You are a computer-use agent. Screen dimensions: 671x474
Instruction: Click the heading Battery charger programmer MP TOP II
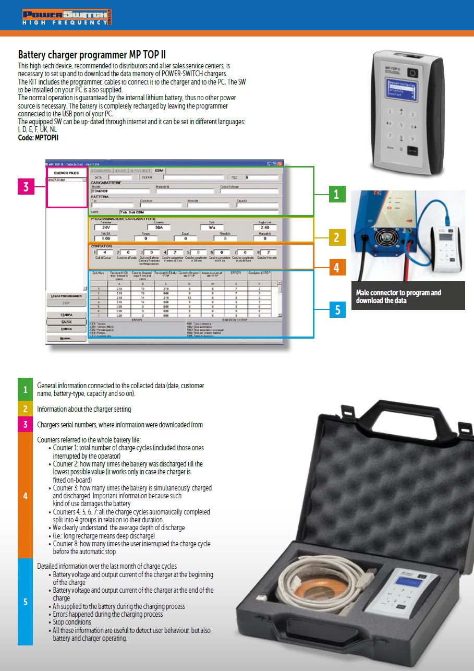[x=92, y=55]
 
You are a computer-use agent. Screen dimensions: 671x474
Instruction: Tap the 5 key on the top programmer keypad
[x=401, y=125]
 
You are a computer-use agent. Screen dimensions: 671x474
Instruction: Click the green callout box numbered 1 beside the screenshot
[x=336, y=194]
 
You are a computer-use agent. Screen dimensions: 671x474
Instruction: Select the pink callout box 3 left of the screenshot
[x=26, y=186]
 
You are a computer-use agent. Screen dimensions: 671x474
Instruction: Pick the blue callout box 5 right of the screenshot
[x=337, y=310]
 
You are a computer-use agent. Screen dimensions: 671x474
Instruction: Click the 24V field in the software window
[x=106, y=227]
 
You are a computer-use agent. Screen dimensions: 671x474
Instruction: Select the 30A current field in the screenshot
[x=159, y=227]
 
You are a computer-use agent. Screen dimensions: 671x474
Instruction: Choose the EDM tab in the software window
[x=159, y=171]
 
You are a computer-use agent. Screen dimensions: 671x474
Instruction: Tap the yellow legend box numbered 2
[x=25, y=409]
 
